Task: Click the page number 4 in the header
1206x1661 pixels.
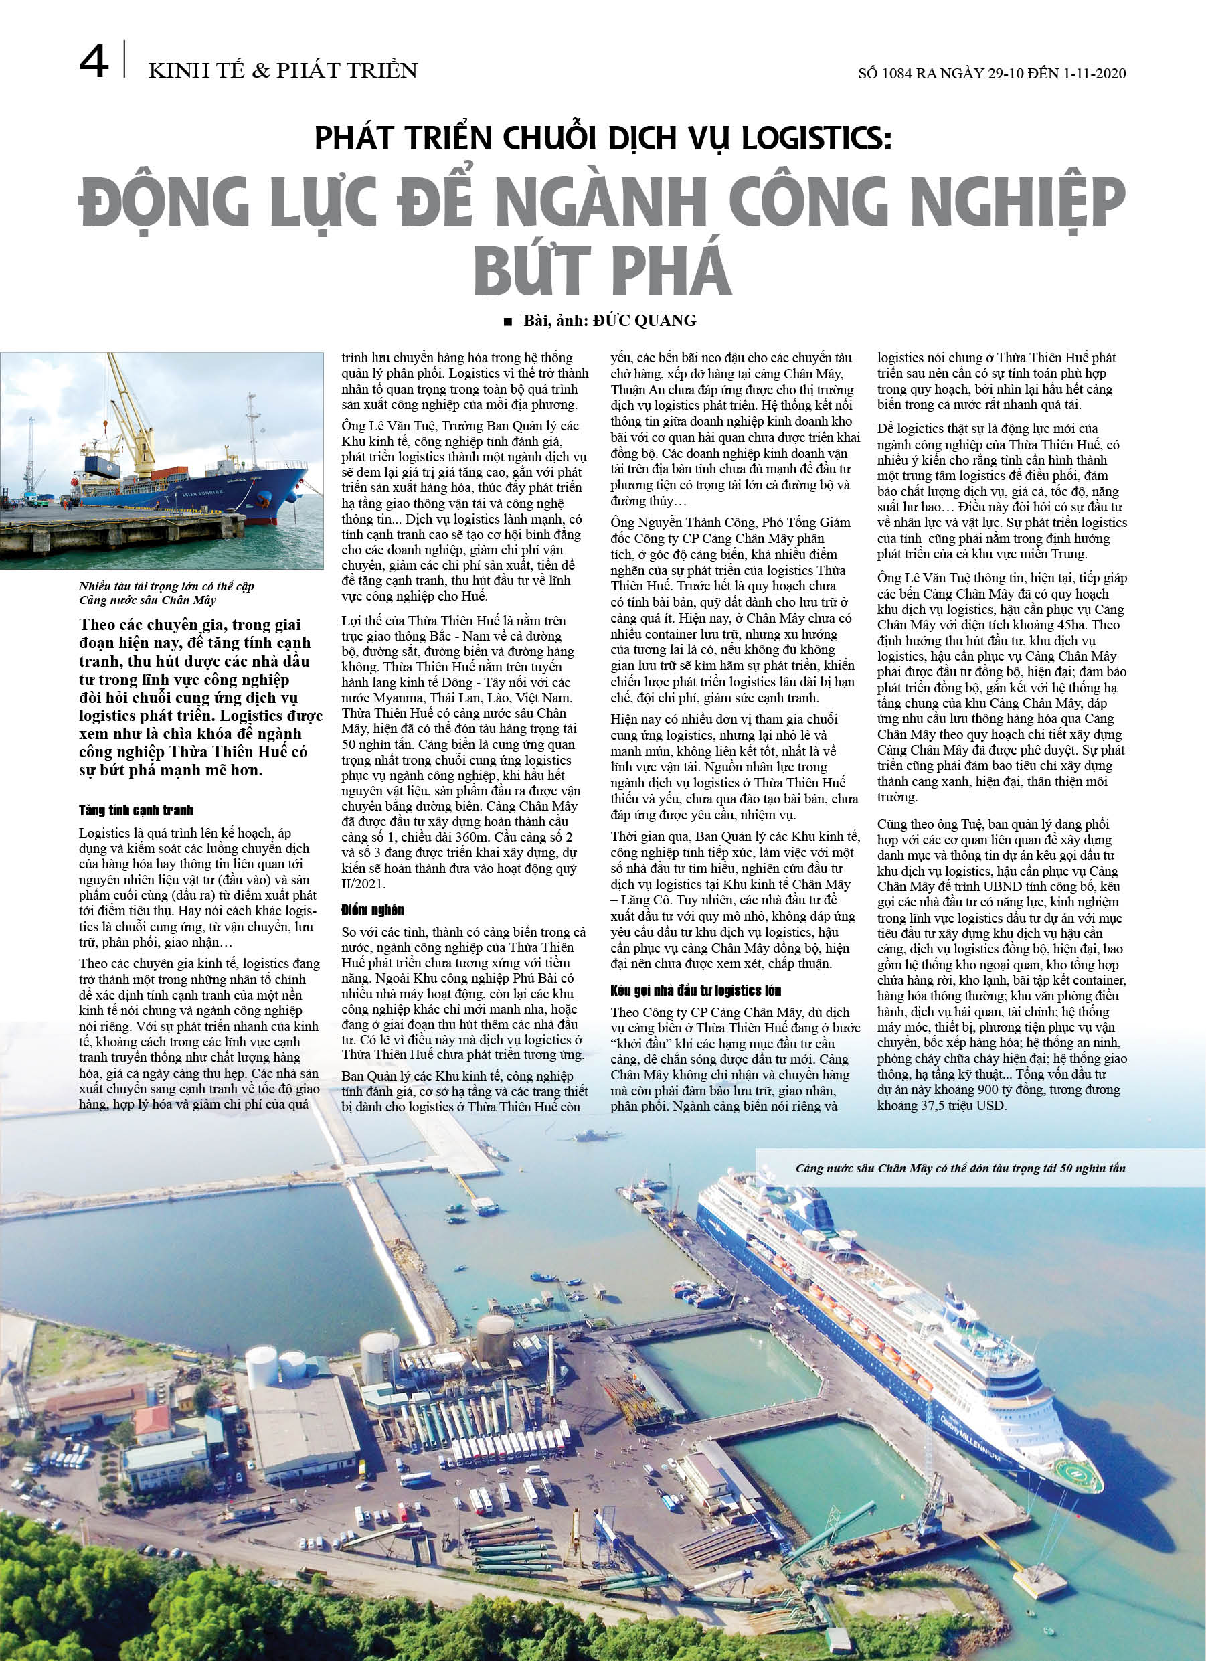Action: [x=93, y=64]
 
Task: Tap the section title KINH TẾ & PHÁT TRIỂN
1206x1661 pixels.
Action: [x=282, y=71]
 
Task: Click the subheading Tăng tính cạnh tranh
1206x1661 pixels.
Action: [x=137, y=810]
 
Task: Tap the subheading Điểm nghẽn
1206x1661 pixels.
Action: [x=373, y=910]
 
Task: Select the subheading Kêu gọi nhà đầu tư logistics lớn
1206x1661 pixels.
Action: [x=695, y=990]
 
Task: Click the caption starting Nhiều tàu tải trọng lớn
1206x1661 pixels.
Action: [x=166, y=586]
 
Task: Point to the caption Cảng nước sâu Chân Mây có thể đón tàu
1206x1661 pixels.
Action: [x=960, y=1168]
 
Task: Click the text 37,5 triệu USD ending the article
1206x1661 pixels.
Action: [x=956, y=1105]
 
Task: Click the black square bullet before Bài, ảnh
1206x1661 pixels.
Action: [x=508, y=321]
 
